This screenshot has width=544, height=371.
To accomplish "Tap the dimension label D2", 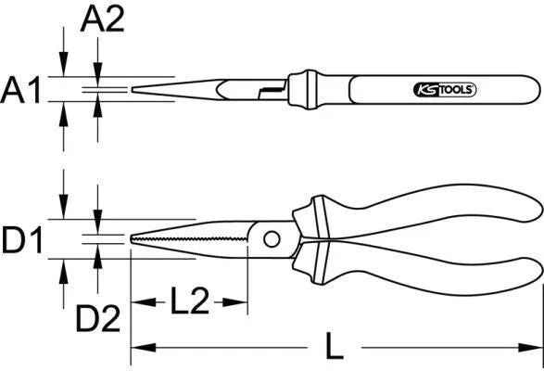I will click(x=99, y=319).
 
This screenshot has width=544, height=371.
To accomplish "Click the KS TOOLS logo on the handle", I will click(x=442, y=90).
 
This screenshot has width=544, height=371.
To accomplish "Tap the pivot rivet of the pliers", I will click(x=272, y=239).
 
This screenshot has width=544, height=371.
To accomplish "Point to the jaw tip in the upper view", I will click(x=137, y=90).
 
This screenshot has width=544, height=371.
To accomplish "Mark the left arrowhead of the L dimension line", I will click(x=136, y=349).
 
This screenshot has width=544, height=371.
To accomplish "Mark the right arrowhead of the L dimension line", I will click(x=537, y=349).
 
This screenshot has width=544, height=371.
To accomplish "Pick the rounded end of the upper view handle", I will click(x=536, y=90).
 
